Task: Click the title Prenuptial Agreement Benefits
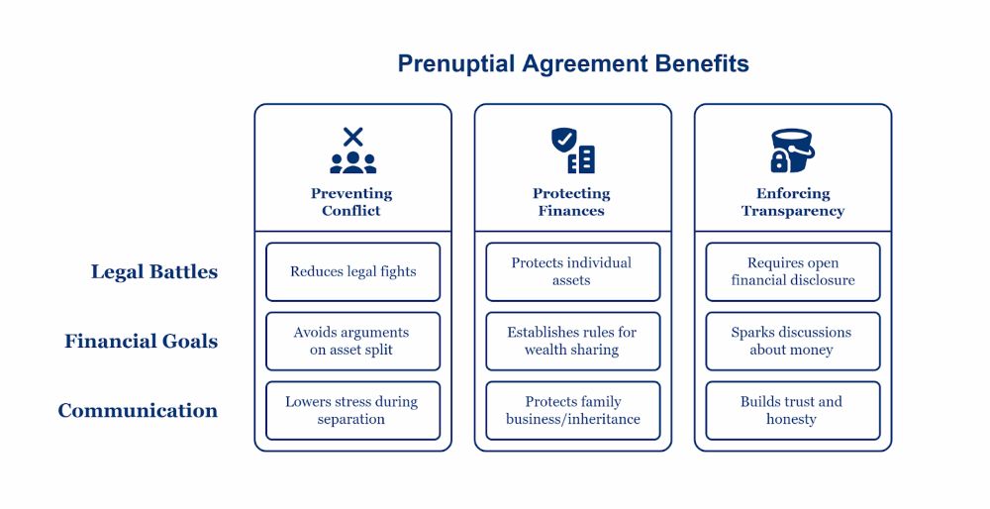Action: click(573, 64)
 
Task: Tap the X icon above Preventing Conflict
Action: click(352, 138)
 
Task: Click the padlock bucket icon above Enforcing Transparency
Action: click(792, 151)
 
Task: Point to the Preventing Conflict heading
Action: click(351, 202)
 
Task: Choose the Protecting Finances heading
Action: click(571, 202)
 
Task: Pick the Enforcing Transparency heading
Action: click(792, 202)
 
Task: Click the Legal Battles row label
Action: click(153, 272)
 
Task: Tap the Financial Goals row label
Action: click(141, 342)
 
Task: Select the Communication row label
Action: click(138, 411)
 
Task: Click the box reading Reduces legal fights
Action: click(352, 272)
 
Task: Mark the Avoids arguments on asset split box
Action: click(352, 342)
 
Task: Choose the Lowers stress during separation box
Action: click(352, 411)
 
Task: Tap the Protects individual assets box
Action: click(572, 272)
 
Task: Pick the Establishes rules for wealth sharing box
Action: click(572, 342)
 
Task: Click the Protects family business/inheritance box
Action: click(572, 411)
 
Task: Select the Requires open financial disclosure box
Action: click(792, 272)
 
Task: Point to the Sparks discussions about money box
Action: click(792, 342)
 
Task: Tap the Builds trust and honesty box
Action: click(792, 411)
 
